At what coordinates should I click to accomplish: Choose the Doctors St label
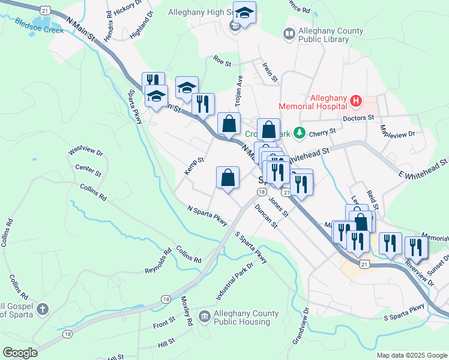(x=358, y=118)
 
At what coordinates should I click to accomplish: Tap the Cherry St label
(x=323, y=133)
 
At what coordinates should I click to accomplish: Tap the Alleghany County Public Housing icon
(x=204, y=316)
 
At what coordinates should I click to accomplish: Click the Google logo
(x=20, y=353)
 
